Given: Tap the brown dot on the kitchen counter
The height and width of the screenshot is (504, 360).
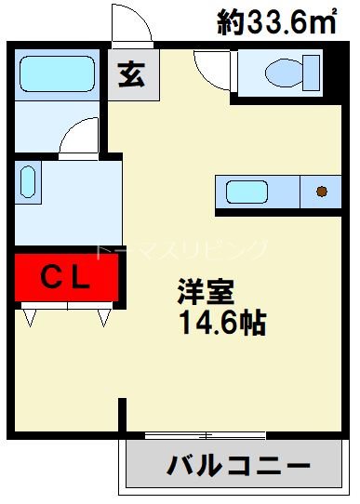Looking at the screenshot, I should (x=322, y=192).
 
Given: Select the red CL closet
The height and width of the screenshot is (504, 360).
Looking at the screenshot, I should (x=67, y=276).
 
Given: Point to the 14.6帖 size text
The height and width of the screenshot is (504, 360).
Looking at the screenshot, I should (x=221, y=324).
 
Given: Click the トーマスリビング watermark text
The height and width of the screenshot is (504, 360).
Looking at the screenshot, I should (x=181, y=248).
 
